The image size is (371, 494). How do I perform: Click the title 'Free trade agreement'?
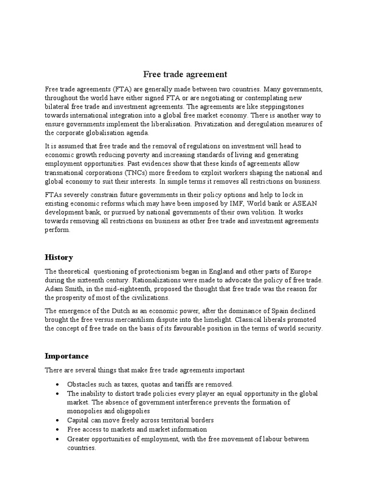point(185,74)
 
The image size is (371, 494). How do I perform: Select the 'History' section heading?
point(59,257)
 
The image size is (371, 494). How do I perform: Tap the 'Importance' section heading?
point(67,356)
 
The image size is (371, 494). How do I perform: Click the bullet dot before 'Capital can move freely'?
point(58,420)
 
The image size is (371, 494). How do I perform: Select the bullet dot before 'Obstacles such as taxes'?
point(58,384)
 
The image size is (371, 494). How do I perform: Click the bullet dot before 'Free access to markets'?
point(58,429)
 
